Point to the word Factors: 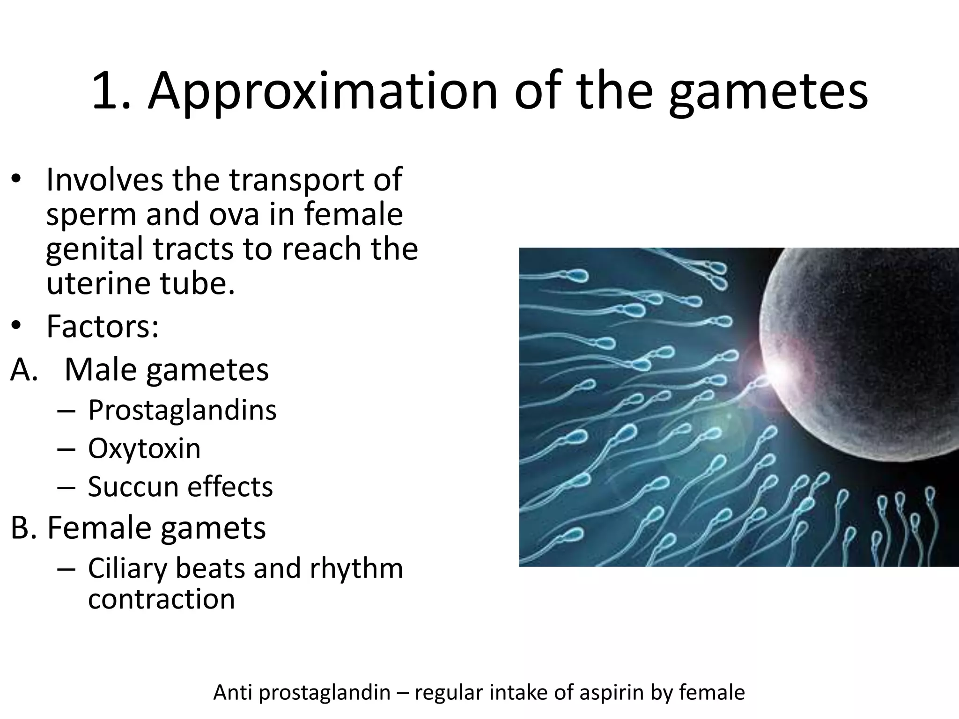[x=103, y=326]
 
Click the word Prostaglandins [x=182, y=410]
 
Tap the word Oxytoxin [x=144, y=448]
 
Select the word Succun [x=133, y=487]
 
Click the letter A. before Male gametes [x=23, y=370]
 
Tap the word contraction [x=161, y=599]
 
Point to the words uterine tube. [x=140, y=283]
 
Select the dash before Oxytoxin [x=66, y=449]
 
